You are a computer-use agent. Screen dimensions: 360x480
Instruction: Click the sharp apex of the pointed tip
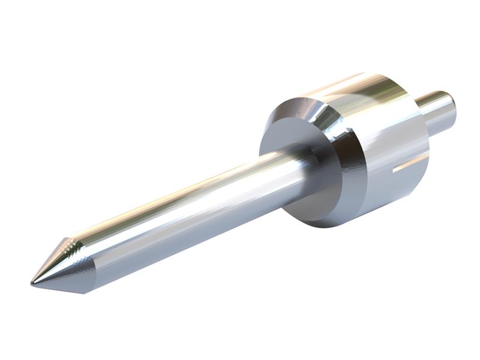tap(32, 282)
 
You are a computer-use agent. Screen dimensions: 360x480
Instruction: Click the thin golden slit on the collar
tap(410, 163)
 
